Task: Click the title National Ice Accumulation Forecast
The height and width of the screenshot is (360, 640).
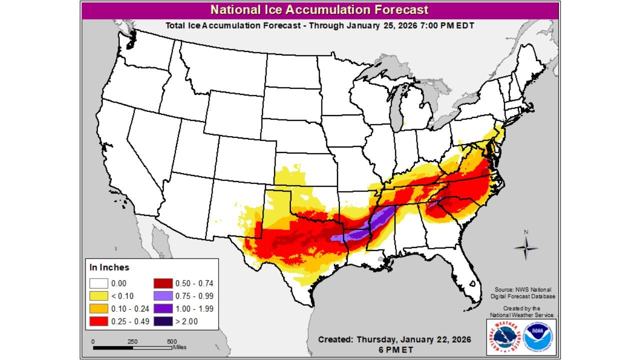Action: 319,10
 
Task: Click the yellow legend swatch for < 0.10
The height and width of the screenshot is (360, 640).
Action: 99,296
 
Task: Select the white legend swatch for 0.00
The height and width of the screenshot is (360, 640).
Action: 99,283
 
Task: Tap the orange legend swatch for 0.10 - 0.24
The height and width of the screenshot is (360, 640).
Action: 99,308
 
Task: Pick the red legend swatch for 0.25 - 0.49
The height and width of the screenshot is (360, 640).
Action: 99,321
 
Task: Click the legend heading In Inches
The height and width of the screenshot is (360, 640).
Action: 109,267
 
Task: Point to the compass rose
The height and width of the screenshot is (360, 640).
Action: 526,247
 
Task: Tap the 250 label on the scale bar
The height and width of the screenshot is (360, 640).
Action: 132,341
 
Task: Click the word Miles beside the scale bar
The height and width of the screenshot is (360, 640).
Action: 180,347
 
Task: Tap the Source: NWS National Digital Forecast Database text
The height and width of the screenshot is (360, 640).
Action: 522,293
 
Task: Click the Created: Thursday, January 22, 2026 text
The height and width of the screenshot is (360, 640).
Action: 394,339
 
